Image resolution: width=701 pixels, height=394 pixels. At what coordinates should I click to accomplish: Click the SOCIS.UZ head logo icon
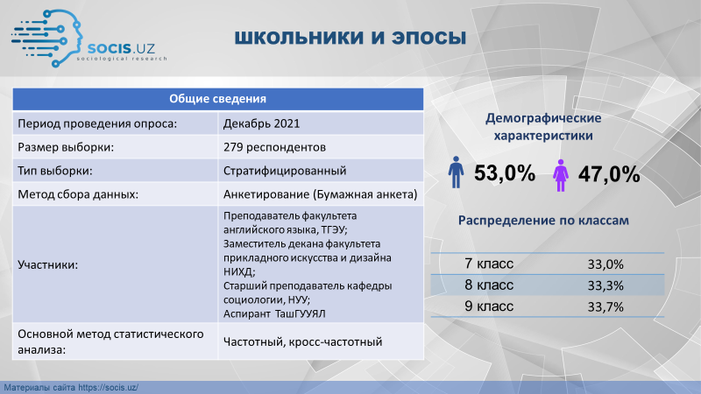point(47,39)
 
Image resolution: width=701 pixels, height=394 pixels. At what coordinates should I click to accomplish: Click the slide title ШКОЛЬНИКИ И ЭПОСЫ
point(350,38)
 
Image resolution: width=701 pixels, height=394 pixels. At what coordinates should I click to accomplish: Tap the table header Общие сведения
point(217,99)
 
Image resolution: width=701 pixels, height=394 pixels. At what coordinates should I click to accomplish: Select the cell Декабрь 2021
point(261,123)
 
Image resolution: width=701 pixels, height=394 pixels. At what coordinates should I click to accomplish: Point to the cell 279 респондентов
point(274,147)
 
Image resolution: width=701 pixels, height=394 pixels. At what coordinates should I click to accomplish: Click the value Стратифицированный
point(285,171)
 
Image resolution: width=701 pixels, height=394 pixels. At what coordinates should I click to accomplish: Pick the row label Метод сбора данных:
point(78,194)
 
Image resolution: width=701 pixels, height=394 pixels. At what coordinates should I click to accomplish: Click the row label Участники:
point(48,265)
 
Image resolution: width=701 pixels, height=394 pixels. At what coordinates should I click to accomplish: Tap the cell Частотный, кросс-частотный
point(302,341)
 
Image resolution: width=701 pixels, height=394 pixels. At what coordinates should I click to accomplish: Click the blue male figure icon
point(456,172)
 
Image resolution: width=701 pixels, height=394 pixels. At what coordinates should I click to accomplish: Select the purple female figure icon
point(561,175)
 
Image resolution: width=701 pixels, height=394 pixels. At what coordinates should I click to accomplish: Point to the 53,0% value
point(505,172)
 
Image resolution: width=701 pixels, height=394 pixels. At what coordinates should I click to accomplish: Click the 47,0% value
point(609,174)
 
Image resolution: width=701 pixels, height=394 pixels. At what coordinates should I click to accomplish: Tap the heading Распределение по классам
point(543,221)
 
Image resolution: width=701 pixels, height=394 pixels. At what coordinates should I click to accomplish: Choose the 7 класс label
point(489,264)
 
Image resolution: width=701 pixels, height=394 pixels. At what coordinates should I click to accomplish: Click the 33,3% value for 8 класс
point(605,285)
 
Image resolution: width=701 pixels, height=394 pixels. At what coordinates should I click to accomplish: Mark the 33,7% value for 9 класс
point(605,307)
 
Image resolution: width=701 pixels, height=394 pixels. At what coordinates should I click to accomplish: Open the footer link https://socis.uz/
point(108,388)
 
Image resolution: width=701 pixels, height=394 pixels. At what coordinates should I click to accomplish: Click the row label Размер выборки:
point(66,147)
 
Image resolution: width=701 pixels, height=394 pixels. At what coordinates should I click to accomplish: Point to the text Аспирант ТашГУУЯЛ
point(274,313)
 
